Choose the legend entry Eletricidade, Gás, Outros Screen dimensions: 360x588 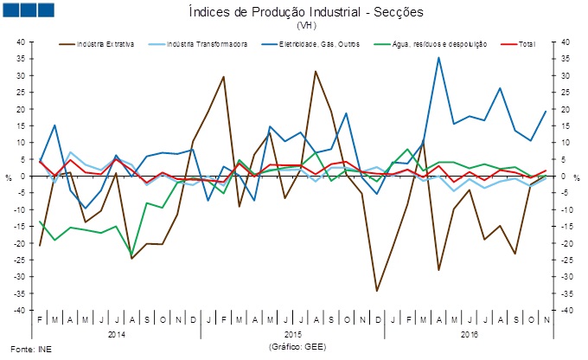[308, 43]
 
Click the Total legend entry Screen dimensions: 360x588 [527, 43]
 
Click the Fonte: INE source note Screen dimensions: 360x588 [23, 349]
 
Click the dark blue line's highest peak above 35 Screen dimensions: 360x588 [438, 58]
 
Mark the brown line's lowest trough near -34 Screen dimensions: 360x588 [376, 291]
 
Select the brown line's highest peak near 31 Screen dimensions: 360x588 [316, 71]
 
